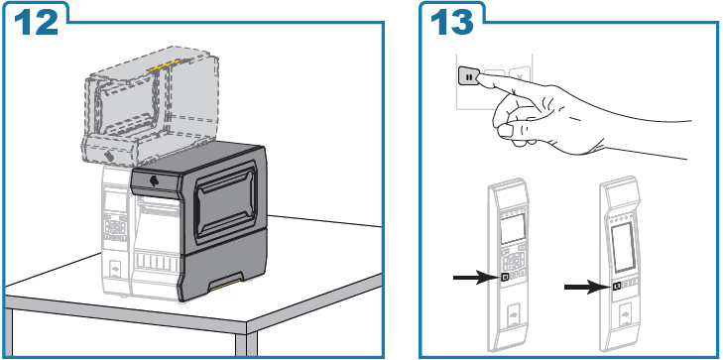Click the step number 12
(x=37, y=22)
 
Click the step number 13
(x=452, y=22)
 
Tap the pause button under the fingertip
(x=469, y=77)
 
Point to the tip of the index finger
(x=479, y=77)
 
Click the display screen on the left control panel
(x=513, y=229)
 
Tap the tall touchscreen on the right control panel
(x=623, y=248)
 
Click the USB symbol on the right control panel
(x=626, y=314)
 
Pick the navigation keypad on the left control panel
(x=513, y=262)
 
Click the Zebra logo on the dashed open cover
(x=109, y=156)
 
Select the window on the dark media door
(x=225, y=202)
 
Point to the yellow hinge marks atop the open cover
(x=165, y=63)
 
